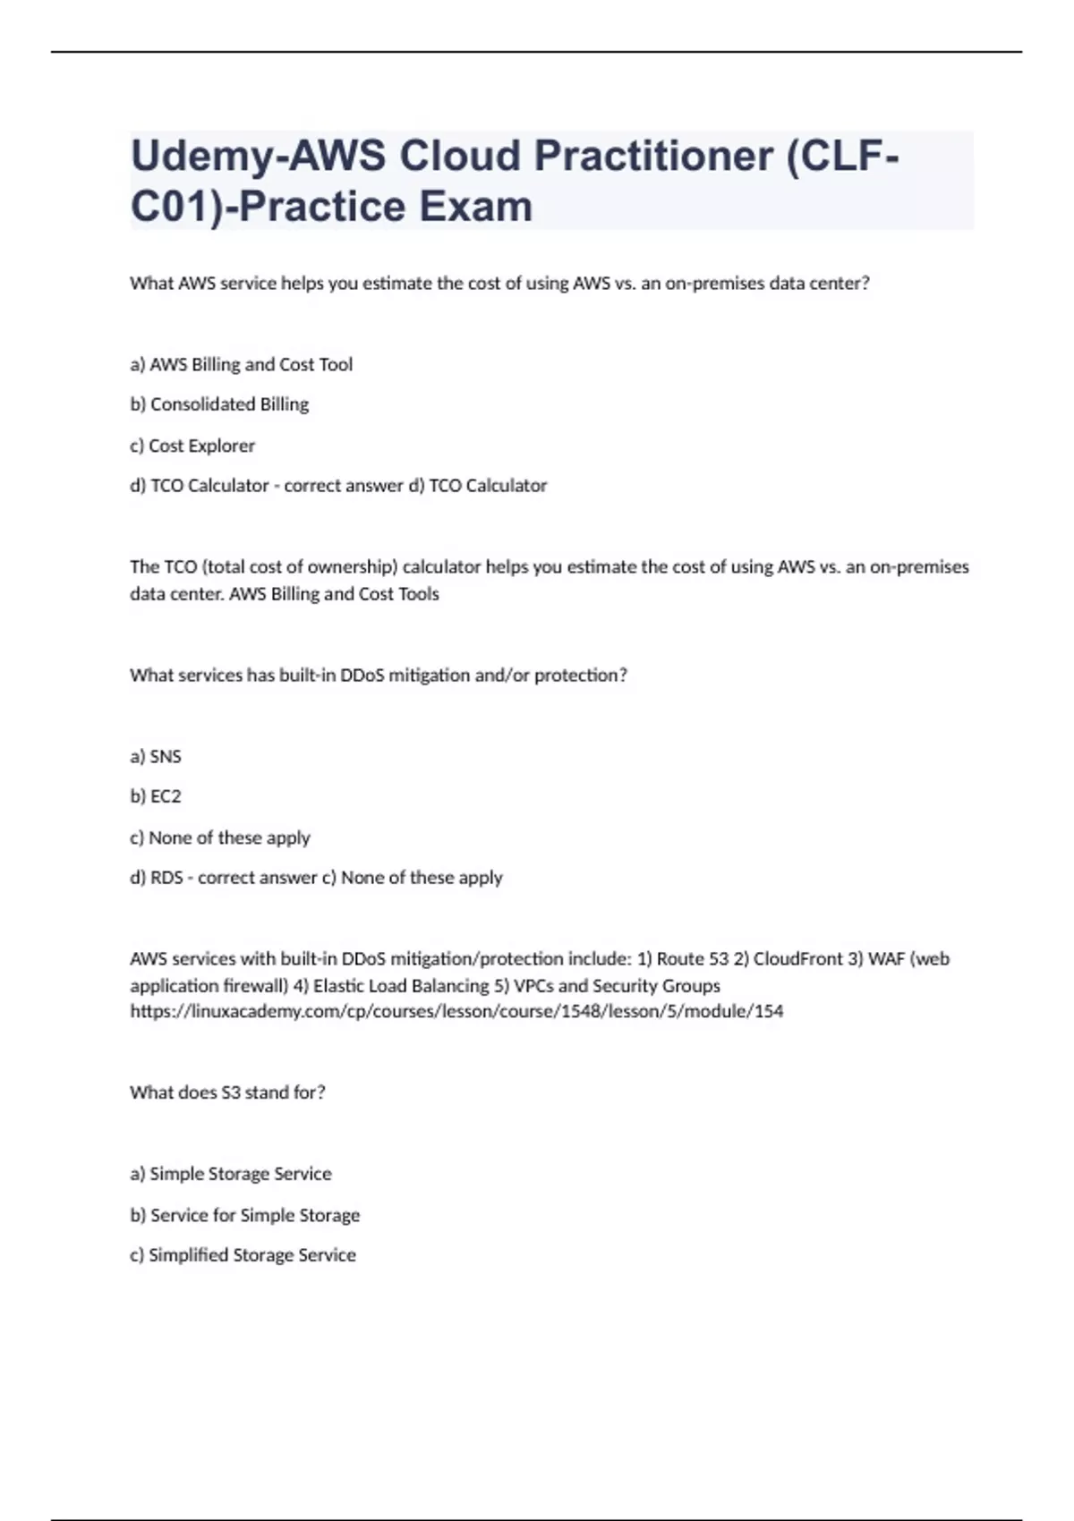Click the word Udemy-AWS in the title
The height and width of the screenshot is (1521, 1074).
(258, 157)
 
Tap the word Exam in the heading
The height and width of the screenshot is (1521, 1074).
(475, 208)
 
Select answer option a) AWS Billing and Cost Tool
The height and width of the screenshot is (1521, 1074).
(241, 364)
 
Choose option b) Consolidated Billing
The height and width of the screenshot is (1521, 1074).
(219, 404)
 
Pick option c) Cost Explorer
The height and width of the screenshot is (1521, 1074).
(192, 446)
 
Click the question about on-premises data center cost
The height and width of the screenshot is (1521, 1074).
(499, 284)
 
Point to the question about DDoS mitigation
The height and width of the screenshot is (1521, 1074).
(378, 676)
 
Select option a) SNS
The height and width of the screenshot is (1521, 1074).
(156, 757)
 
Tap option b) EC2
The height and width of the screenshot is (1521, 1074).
(156, 796)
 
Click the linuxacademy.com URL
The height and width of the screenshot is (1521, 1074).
(456, 1012)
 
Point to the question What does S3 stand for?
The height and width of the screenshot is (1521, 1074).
(227, 1092)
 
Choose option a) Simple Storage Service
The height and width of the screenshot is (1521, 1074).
(231, 1174)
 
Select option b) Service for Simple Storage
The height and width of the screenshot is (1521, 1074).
(245, 1215)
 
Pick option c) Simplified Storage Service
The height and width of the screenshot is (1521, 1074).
(243, 1255)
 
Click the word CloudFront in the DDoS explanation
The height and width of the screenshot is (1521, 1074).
(797, 959)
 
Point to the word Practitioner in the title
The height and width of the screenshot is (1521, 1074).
(654, 157)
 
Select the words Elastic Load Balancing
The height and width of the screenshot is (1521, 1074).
(400, 986)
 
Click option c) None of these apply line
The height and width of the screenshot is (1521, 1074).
(220, 838)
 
